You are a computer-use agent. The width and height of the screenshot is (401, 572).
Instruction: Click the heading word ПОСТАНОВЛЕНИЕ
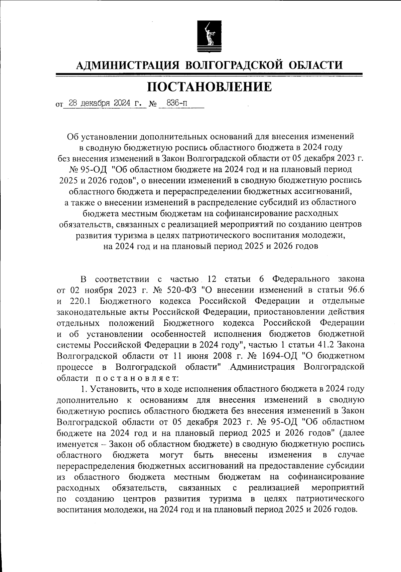point(210,87)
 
